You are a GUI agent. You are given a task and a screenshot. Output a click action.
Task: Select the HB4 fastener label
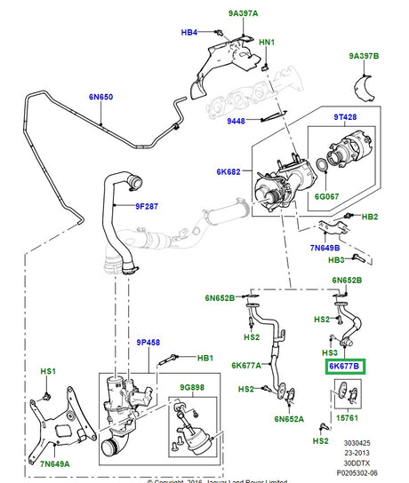click(189, 33)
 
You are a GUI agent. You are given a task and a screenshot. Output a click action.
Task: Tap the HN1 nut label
click(266, 42)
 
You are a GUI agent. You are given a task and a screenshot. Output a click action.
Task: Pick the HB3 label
click(335, 259)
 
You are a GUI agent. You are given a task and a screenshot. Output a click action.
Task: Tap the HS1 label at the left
click(48, 370)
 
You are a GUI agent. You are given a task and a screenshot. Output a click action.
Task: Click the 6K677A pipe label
click(247, 365)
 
